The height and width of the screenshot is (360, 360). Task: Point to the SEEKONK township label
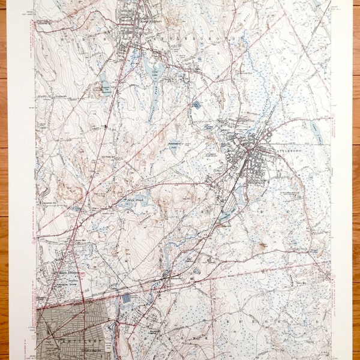[x=180, y=339]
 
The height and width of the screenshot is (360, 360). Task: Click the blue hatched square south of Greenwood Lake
[x=197, y=104]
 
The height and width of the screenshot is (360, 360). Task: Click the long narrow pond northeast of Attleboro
[x=316, y=127]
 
